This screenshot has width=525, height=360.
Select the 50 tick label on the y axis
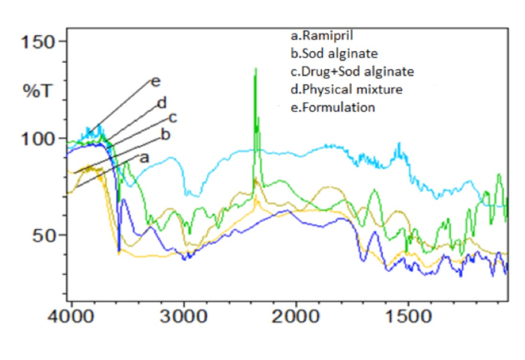[47, 236]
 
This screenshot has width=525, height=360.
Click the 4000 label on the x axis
[71, 315]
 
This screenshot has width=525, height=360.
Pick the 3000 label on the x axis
[183, 315]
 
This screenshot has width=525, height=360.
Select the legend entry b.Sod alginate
[334, 54]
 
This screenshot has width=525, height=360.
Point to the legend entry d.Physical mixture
[346, 90]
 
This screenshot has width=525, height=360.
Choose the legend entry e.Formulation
[333, 108]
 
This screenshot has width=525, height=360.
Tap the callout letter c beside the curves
[172, 118]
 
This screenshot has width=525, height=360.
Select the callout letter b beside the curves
[166, 135]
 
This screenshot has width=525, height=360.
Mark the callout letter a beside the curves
[145, 157]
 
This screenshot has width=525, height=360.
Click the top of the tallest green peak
[255, 69]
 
